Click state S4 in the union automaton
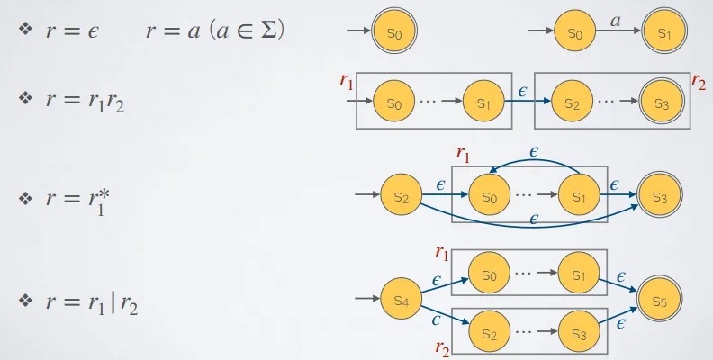400,299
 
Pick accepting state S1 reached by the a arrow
663,33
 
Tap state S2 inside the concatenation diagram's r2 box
572,102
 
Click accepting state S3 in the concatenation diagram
662,102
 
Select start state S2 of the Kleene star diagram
402,195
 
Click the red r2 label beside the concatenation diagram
699,81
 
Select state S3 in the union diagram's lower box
578,332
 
